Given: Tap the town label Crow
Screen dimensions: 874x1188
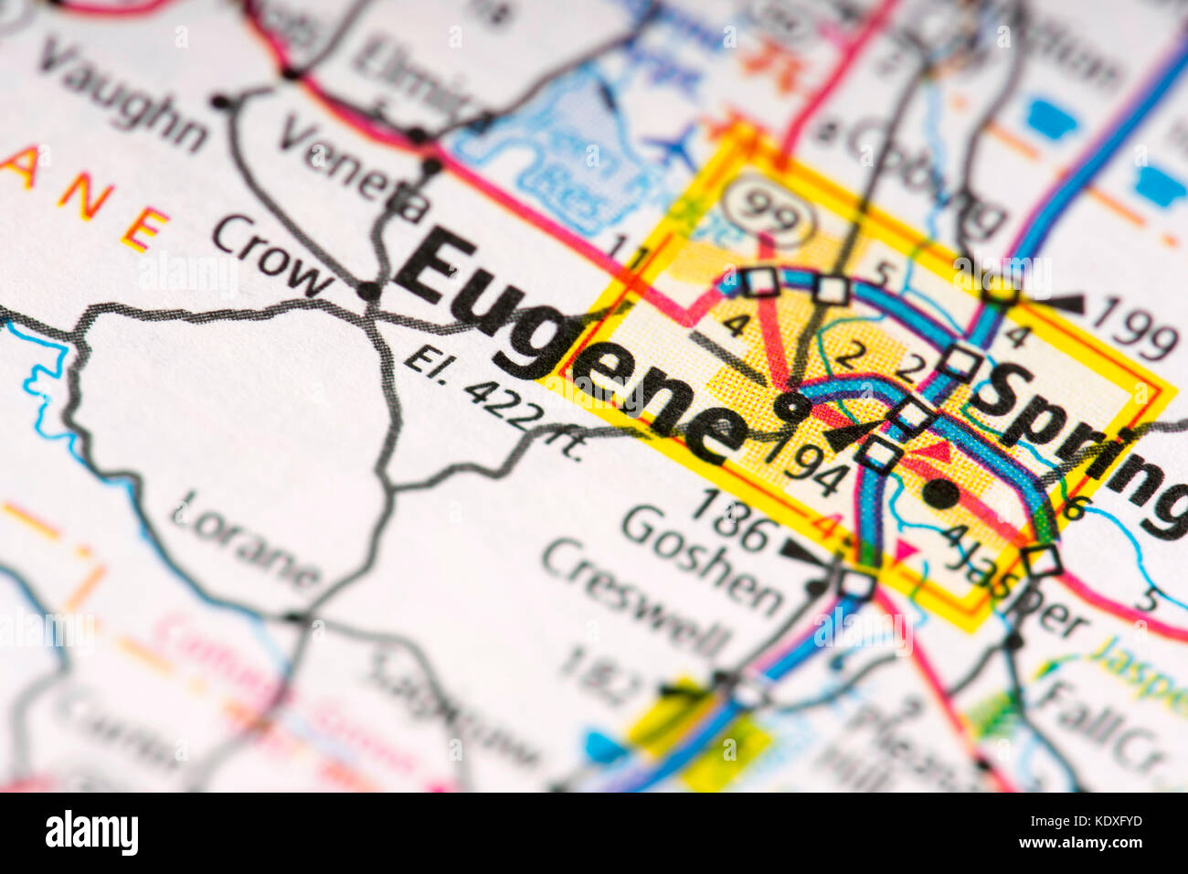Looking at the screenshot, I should [271, 257].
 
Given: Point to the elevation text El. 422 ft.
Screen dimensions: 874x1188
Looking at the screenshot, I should [493, 402].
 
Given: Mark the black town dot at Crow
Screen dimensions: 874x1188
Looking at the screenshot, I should [368, 292].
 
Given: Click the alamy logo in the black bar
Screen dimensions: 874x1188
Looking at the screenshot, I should [91, 833].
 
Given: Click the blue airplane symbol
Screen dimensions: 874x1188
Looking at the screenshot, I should [672, 143].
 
